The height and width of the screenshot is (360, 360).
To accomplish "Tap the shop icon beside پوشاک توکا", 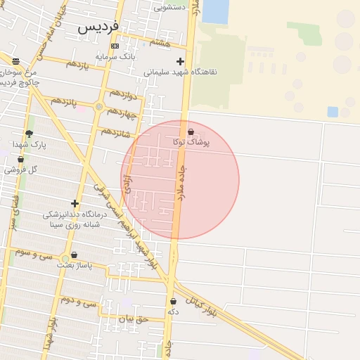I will (x=191, y=131).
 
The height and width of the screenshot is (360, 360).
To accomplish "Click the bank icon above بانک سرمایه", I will (x=115, y=46).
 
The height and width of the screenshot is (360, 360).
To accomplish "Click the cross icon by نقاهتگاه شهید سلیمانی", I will (x=180, y=61).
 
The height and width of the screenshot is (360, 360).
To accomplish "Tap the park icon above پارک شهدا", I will (x=29, y=134).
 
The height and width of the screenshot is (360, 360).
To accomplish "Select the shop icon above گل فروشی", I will (x=20, y=160).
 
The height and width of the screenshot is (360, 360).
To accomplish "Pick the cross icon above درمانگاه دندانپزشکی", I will (x=75, y=203).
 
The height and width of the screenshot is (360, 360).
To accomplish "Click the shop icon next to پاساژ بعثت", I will (x=74, y=255).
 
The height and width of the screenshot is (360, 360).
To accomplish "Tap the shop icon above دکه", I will (x=173, y=301).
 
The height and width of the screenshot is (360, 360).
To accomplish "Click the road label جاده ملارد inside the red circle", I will (x=185, y=179).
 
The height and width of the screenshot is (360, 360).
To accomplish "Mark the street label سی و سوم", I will (x=33, y=252).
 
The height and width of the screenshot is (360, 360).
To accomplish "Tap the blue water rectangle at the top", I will (x=215, y=11).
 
